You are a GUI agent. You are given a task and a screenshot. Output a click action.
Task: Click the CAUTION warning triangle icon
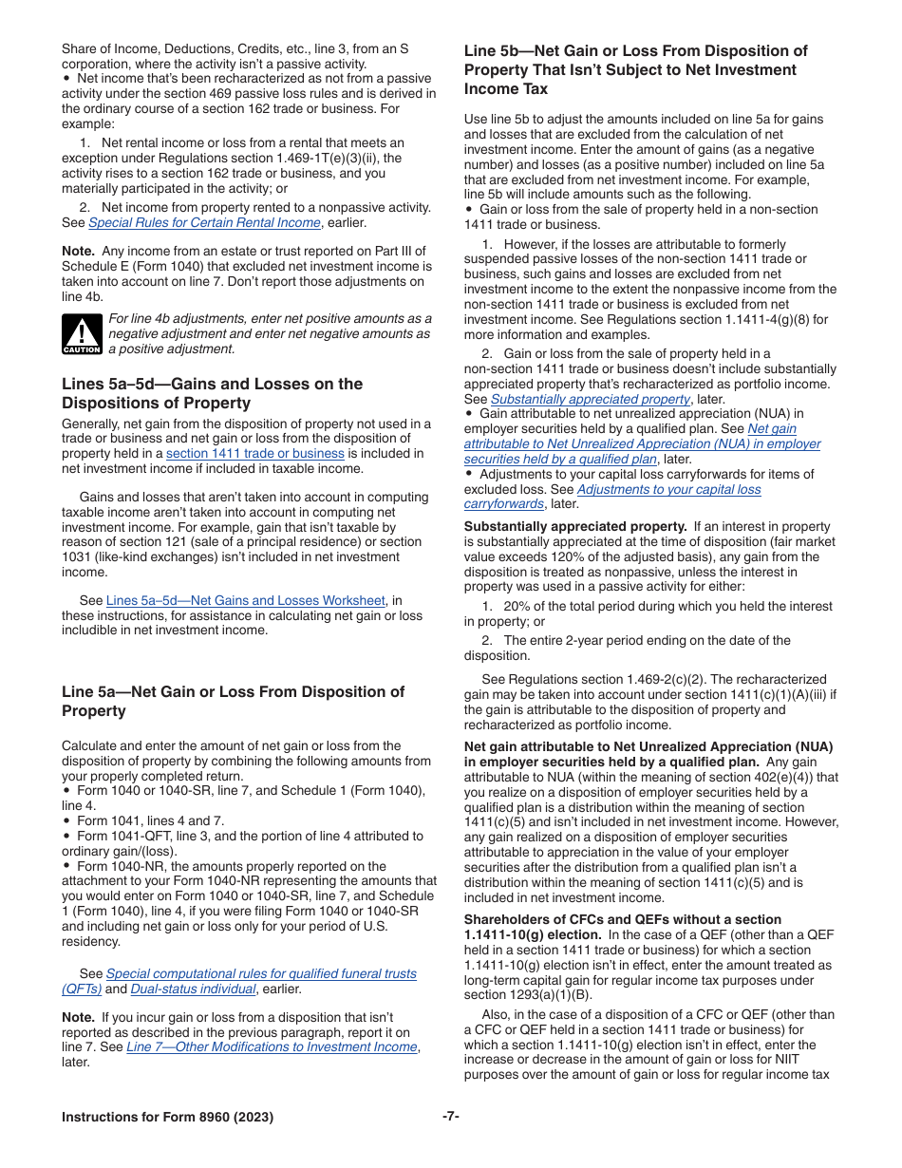click(82, 333)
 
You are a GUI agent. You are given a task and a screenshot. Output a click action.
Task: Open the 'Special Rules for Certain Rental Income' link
click(204, 222)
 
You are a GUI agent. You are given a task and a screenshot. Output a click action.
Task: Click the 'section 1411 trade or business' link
click(254, 454)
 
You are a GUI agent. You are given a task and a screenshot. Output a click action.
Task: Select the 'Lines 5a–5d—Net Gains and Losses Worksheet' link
click(245, 600)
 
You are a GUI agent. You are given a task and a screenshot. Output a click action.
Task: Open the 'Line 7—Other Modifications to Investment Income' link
click(272, 1046)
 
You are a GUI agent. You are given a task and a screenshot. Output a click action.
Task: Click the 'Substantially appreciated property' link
click(590, 399)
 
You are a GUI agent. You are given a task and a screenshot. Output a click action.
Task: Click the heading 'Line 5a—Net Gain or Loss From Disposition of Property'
click(233, 701)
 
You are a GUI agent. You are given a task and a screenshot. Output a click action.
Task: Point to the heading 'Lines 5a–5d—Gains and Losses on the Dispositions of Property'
click(212, 393)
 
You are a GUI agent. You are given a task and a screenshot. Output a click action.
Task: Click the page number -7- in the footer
click(450, 1117)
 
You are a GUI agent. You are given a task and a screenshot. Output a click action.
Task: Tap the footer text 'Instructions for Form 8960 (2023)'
click(167, 1118)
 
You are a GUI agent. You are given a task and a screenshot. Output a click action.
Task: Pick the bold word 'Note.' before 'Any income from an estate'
click(78, 252)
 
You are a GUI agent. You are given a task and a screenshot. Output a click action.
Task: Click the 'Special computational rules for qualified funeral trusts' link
click(261, 973)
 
